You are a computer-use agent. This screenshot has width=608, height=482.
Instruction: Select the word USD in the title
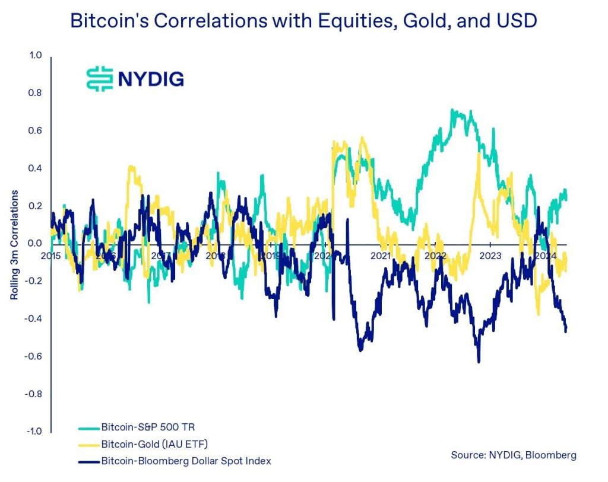(x=515, y=21)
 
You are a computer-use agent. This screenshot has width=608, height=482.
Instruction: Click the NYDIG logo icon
(x=99, y=78)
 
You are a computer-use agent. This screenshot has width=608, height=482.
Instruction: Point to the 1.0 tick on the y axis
(x=36, y=56)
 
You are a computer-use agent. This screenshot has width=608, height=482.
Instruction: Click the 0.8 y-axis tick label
(x=36, y=93)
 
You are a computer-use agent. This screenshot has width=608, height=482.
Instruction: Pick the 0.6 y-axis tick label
(x=36, y=131)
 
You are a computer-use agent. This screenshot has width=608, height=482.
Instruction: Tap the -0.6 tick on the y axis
(x=35, y=356)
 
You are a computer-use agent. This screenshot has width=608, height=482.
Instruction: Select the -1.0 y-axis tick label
(x=35, y=431)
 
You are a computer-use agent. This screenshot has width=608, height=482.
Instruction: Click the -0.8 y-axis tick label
(x=35, y=394)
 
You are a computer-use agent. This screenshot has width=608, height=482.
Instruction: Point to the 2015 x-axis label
(x=52, y=256)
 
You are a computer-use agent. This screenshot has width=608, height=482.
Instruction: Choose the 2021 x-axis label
(x=381, y=256)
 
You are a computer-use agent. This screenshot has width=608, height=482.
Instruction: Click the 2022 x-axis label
(x=436, y=256)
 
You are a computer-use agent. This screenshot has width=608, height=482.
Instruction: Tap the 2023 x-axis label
(x=490, y=256)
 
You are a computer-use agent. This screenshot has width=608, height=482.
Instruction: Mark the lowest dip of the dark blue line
(x=479, y=361)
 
